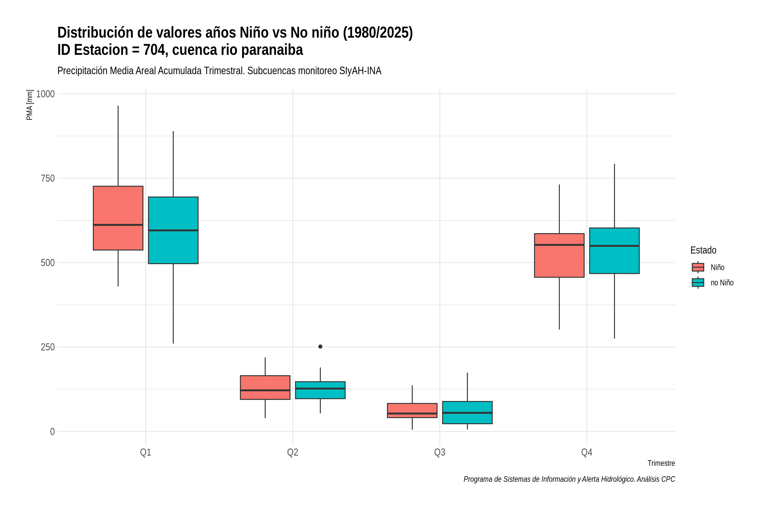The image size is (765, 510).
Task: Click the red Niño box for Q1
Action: [118, 218]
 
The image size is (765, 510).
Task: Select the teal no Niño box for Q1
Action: [173, 230]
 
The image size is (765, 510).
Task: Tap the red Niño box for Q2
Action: [265, 387]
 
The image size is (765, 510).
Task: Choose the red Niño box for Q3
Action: [412, 411]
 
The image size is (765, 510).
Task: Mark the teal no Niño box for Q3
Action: [467, 412]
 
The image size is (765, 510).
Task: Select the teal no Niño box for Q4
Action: [614, 251]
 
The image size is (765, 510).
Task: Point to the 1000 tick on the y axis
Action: [45, 94]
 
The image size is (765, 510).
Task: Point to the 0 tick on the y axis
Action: [52, 432]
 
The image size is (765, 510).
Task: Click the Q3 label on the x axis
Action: [440, 452]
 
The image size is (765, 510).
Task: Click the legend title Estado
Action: [703, 250]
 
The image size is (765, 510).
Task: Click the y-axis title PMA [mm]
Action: [30, 105]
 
